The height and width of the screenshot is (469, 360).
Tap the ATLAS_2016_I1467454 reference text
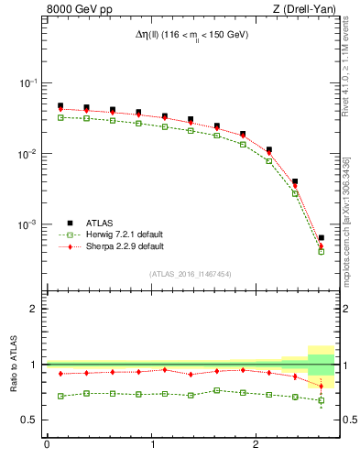pyautogui.click(x=191, y=274)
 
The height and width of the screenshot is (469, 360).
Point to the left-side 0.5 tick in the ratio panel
pyautogui.click(x=32, y=420)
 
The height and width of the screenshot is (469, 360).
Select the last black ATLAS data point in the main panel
pyautogui.click(x=321, y=238)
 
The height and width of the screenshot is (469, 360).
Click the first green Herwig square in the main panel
pyautogui.click(x=60, y=117)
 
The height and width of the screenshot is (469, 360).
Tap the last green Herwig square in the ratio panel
pyautogui.click(x=321, y=400)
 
